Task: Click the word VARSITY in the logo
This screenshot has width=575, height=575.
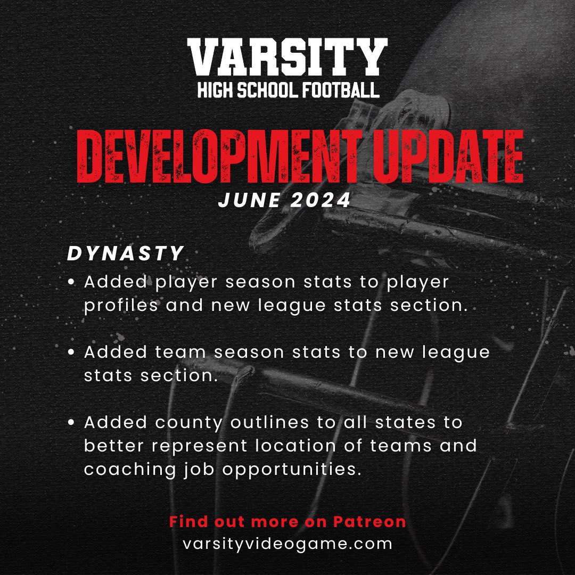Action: (287, 59)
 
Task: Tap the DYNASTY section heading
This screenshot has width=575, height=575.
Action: (126, 253)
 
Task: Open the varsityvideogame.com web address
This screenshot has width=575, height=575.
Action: (287, 544)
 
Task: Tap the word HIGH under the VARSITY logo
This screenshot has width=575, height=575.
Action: (216, 90)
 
